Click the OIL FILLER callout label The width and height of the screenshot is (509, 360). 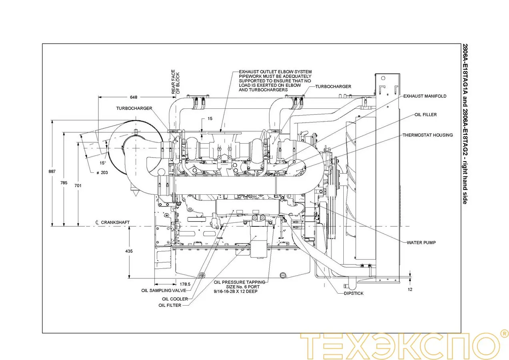[426, 115]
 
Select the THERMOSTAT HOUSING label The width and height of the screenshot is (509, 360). [427, 135]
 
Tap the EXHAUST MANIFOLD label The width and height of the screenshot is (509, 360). [425, 96]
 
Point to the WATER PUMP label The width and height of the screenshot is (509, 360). [421, 242]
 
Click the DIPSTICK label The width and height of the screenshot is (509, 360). [354, 293]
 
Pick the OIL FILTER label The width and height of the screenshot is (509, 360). [170, 305]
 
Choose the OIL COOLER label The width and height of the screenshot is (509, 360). [175, 299]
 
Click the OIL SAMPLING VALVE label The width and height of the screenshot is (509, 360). [164, 290]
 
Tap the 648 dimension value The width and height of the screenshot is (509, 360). [134, 97]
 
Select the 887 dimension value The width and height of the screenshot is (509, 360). [52, 172]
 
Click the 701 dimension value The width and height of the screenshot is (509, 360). [78, 186]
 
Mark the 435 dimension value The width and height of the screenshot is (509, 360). [129, 251]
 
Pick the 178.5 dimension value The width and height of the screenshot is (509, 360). [184, 284]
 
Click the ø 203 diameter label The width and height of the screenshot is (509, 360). [103, 172]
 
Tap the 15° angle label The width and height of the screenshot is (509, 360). [103, 163]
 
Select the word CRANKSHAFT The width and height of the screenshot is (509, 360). [115, 222]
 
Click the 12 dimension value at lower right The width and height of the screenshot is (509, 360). [410, 289]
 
